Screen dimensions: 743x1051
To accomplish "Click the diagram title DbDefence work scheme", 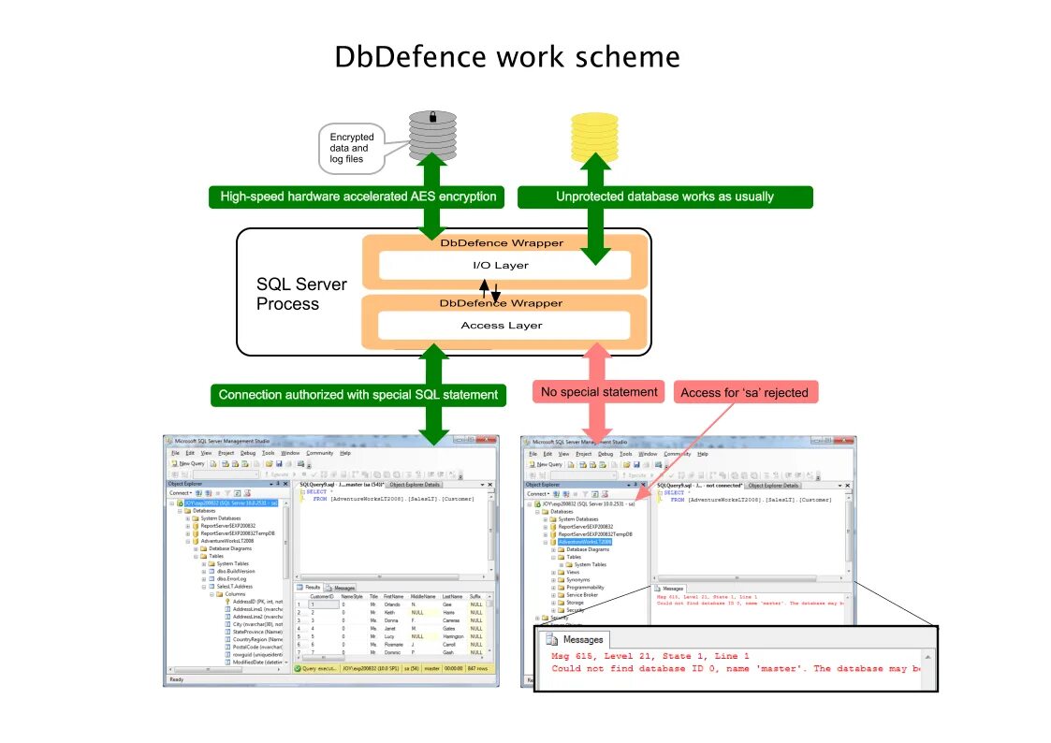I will pos(507,58).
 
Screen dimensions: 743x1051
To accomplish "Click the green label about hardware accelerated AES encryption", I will pos(358,197).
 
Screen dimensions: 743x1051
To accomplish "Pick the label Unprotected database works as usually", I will pos(664,197).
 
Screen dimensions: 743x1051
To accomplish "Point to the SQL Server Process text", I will pos(301,294).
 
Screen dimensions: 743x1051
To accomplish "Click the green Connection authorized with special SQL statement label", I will pos(358,395).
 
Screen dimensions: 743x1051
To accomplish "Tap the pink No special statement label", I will pos(600,392).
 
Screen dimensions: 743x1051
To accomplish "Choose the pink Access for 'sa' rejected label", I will pos(745,392).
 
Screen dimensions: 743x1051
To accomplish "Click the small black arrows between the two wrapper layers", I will pos(491,291).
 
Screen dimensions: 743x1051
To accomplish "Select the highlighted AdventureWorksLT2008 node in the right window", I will pos(584,542).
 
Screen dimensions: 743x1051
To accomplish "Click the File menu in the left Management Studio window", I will pos(175,453).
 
